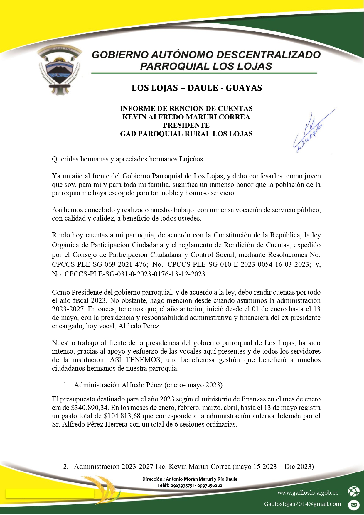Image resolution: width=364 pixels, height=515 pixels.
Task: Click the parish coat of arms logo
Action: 60,70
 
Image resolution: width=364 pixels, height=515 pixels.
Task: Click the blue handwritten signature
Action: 311,131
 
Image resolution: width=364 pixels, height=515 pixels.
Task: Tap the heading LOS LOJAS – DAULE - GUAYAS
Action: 197,88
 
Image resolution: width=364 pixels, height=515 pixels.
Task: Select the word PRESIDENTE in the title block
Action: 186,125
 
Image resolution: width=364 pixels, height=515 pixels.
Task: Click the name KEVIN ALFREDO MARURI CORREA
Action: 186,117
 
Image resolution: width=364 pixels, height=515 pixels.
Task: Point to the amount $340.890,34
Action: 89,408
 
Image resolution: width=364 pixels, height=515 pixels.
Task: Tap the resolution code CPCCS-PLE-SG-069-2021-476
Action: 99,264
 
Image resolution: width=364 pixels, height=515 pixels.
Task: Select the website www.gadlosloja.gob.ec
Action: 308,493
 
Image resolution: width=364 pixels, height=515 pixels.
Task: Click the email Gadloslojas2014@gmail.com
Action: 302,504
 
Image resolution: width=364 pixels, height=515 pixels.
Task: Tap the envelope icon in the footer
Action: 353,505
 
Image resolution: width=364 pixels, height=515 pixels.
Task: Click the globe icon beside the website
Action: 353,491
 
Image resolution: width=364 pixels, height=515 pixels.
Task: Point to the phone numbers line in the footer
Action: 190,485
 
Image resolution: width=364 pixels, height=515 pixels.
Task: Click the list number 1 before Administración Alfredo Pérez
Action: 66,385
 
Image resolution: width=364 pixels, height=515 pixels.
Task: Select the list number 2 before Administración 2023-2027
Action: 66,467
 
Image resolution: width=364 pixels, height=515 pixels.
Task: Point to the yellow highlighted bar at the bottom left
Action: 50,494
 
